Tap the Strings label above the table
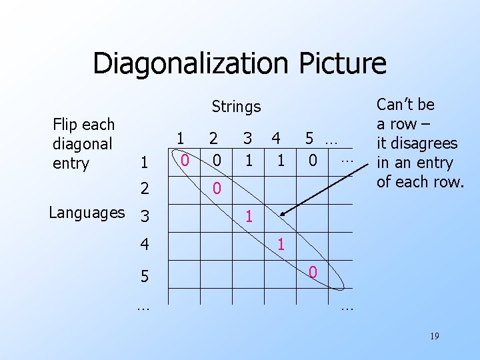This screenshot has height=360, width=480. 236,107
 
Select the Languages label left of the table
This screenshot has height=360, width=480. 87,213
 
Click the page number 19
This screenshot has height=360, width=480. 434,337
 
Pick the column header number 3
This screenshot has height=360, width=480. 247,139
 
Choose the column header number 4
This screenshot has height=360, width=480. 276,139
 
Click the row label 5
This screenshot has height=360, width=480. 144,275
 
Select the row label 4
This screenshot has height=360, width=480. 143,245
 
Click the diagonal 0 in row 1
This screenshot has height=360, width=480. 186,161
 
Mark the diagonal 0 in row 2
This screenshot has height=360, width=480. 217,189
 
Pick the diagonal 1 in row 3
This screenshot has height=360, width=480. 249,217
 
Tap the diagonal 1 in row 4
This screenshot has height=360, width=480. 281,245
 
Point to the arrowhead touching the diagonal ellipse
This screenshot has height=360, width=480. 283,213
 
